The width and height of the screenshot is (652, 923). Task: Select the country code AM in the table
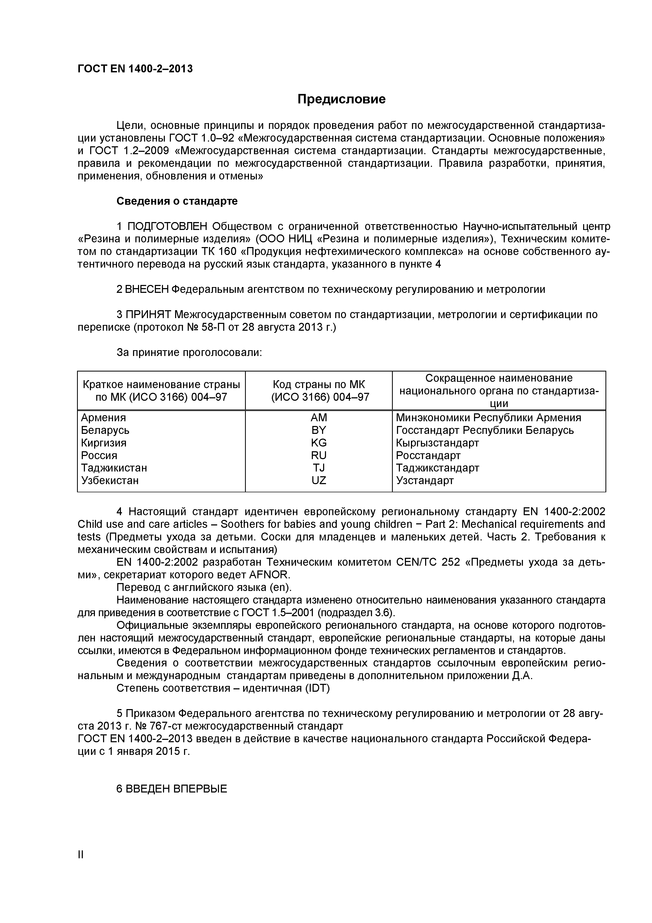tap(319, 417)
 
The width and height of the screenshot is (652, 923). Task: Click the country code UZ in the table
tap(319, 480)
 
